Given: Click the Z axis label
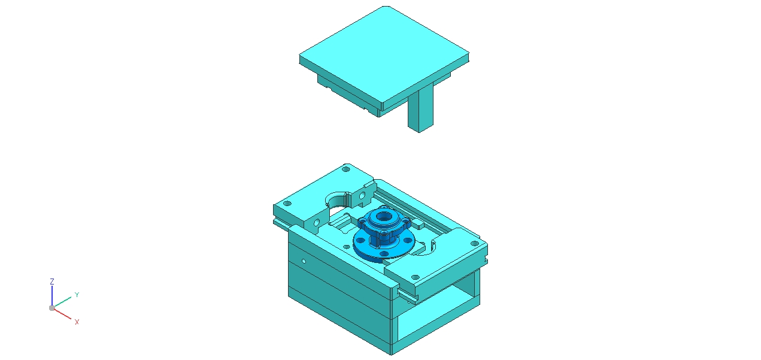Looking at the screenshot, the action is (52, 282).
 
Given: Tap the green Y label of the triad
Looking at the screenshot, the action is (77, 295).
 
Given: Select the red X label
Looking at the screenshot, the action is (77, 322).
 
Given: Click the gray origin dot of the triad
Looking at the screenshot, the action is (52, 308).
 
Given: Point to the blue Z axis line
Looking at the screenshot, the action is (52, 296).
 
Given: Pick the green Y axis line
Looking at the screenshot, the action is (62, 302).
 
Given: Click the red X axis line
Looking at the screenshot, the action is (62, 314).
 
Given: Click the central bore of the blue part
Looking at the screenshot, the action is (384, 216).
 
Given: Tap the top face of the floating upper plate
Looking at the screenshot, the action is (384, 54).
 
